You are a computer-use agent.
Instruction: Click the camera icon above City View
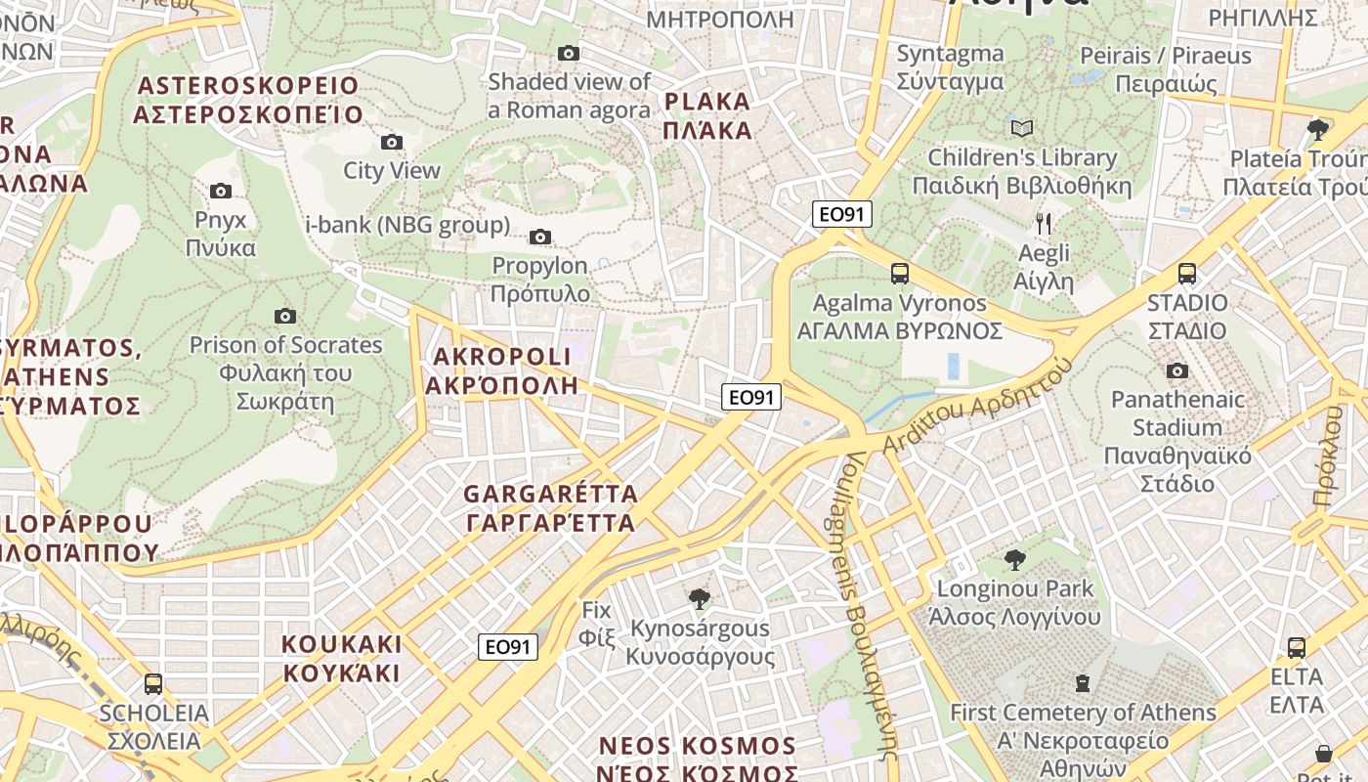coord(392,143)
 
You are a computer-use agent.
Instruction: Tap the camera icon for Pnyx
coord(221,192)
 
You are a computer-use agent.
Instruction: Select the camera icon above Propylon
coord(539,238)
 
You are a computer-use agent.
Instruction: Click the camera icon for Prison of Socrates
coord(285,316)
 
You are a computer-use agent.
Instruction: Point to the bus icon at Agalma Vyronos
coord(899,275)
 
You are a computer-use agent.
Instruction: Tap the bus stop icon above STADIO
coord(1187,275)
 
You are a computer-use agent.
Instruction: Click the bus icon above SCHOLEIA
coord(153,684)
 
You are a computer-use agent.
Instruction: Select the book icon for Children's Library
coord(1022,129)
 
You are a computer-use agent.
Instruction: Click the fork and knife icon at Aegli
coord(1044,225)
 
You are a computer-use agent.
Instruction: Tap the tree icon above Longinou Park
coord(1015,560)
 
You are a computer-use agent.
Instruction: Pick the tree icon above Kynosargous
coord(699,598)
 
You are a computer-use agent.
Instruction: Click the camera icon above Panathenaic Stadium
coord(1177,370)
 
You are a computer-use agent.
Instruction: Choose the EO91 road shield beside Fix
coord(509,647)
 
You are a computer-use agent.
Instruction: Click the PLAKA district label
coord(707,116)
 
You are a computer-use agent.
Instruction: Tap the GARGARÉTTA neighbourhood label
coord(551,508)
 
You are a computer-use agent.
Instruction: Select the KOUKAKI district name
coord(341,658)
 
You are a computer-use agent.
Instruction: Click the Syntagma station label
coord(950,67)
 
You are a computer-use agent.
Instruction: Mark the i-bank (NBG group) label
coord(407,226)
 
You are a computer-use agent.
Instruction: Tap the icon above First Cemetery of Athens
coord(1082,683)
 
